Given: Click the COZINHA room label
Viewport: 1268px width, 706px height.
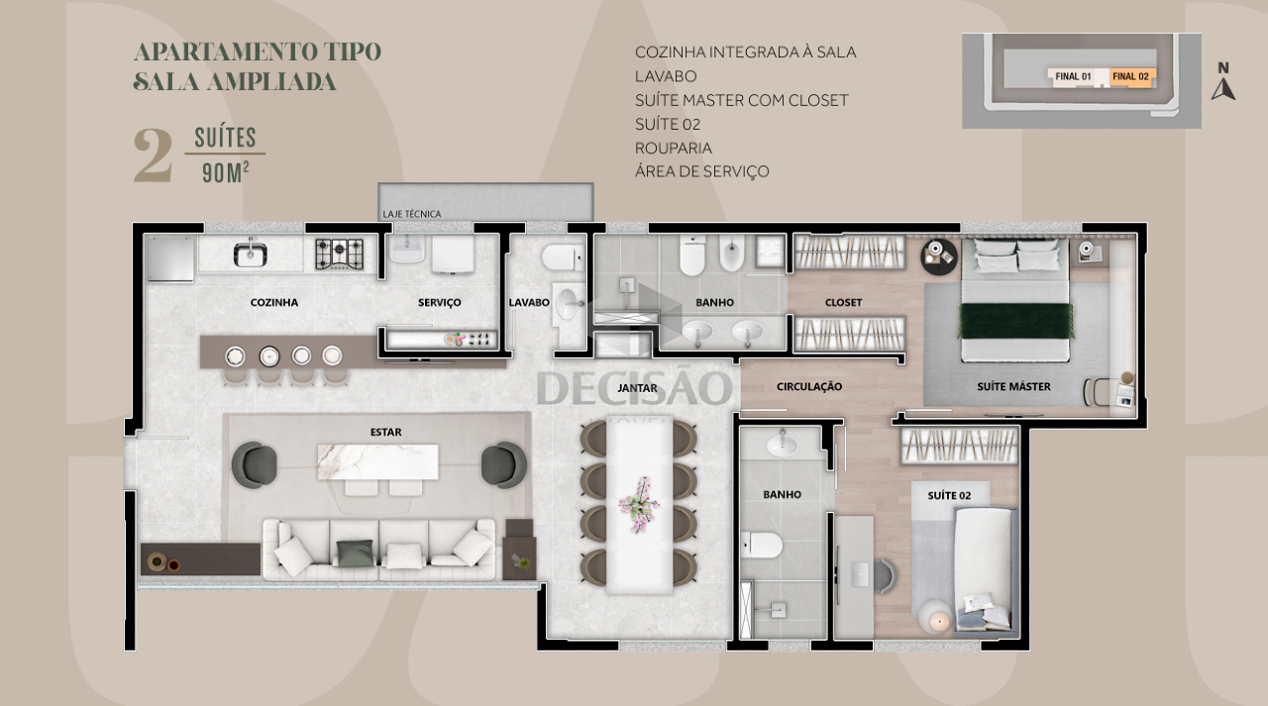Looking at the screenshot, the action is (274, 303).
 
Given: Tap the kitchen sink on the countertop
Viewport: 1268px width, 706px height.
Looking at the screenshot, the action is (251, 253).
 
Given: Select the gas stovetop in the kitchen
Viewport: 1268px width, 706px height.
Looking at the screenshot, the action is (339, 253).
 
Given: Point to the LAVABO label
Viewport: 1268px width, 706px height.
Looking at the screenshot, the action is (529, 303).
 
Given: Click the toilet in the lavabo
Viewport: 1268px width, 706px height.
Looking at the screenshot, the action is (563, 258).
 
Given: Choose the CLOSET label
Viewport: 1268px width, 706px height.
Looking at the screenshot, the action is (843, 303).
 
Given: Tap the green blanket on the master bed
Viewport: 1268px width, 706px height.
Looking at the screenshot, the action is (1016, 321).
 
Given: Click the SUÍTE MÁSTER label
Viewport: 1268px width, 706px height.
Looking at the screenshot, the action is (1013, 387).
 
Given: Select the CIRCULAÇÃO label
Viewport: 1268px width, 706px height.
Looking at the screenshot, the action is (809, 387).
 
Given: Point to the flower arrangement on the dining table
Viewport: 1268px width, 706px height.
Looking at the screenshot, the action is (639, 505).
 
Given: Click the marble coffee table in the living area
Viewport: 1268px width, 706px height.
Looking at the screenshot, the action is (377, 461).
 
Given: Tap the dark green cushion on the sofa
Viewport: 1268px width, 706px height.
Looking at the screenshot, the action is (355, 553).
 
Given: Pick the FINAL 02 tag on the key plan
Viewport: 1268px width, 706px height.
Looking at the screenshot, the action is (1131, 76).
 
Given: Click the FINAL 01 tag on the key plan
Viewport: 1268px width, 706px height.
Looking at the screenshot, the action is (1073, 76).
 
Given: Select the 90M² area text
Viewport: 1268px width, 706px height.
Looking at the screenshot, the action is (226, 173).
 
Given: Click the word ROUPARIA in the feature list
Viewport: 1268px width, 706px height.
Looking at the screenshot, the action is (674, 149).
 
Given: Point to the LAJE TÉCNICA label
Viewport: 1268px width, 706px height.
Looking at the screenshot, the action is (411, 214).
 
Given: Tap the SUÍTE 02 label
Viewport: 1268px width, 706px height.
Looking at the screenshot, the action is (949, 496).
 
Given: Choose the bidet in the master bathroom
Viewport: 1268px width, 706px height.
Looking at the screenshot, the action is (732, 255).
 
